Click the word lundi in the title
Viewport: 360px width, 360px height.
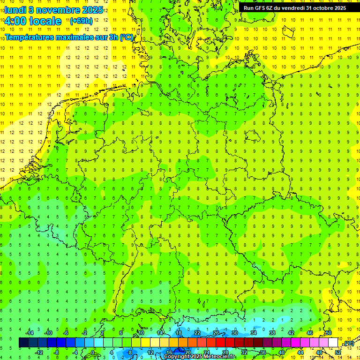(15, 9)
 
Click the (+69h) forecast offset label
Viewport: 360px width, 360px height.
(81, 21)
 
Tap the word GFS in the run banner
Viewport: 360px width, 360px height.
(261, 8)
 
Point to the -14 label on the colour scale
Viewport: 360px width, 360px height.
(30, 333)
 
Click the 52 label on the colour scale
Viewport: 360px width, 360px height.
(337, 352)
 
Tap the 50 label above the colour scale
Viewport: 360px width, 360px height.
(329, 333)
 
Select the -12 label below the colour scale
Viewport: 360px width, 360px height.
(39, 352)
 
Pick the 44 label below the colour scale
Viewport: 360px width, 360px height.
(300, 352)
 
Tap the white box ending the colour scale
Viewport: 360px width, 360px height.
(333, 343)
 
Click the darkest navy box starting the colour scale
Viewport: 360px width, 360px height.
(23, 343)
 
